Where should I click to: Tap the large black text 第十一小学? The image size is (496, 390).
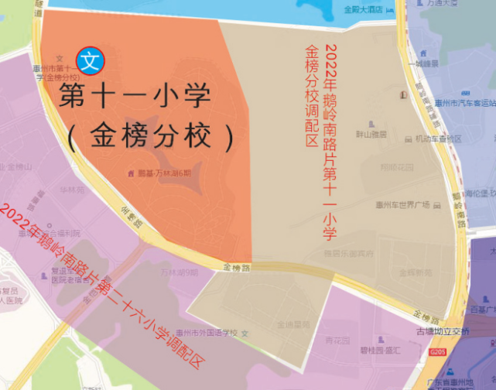click(x=135, y=98)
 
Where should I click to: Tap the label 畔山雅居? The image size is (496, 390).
click(x=371, y=133)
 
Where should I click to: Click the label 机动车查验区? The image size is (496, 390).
click(x=438, y=139)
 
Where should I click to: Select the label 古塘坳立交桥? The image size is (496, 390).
click(x=443, y=332)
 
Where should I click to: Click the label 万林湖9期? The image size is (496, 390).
click(x=179, y=272)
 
